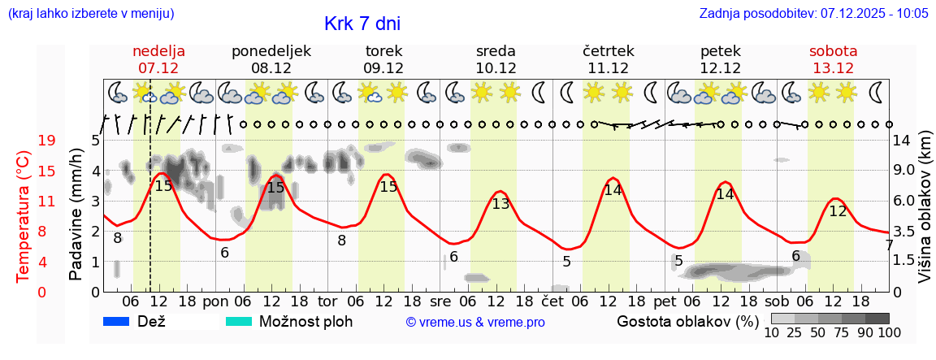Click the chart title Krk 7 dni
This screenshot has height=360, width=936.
pyautogui.click(x=362, y=24)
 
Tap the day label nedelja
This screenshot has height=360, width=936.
pyautogui.click(x=158, y=50)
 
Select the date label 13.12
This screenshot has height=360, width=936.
pyautogui.click(x=833, y=68)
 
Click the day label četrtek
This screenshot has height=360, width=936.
pyautogui.click(x=608, y=50)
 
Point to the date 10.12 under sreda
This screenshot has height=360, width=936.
pyautogui.click(x=495, y=68)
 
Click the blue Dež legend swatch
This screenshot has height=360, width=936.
pyautogui.click(x=117, y=321)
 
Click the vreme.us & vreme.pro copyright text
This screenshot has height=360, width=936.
pyautogui.click(x=475, y=323)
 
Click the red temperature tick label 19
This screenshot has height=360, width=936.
pyautogui.click(x=46, y=141)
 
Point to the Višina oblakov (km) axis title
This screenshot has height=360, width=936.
pyautogui.click(x=925, y=217)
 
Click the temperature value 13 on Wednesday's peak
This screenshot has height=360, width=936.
pyautogui.click(x=500, y=204)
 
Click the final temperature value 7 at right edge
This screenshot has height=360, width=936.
pyautogui.click(x=889, y=245)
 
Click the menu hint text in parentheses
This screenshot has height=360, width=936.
pyautogui.click(x=90, y=14)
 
